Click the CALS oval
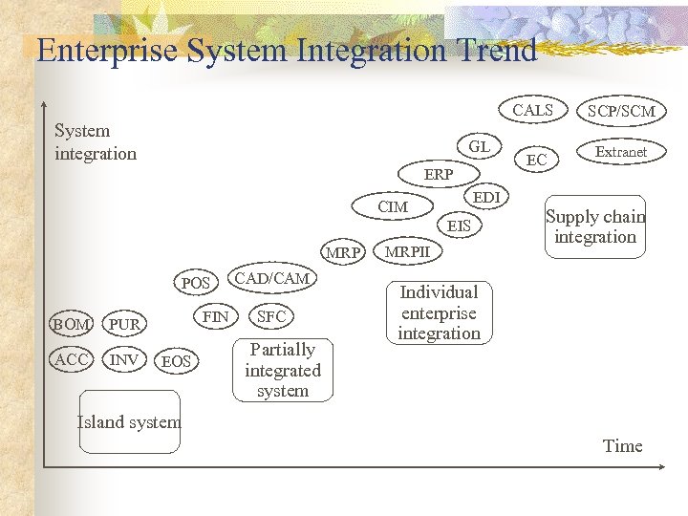[532, 111]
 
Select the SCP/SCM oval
[621, 112]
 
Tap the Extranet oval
[621, 152]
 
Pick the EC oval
[537, 161]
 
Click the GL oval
[479, 147]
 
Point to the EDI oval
[486, 198]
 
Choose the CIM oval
[393, 207]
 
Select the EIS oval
[460, 226]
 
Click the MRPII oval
[406, 252]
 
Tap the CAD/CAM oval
[272, 278]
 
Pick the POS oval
[196, 284]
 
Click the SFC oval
[272, 316]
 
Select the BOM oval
[72, 325]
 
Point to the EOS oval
[176, 361]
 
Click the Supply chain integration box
[595, 227]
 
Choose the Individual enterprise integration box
[439, 312]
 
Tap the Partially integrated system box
[283, 370]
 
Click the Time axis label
[622, 446]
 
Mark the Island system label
[128, 422]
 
